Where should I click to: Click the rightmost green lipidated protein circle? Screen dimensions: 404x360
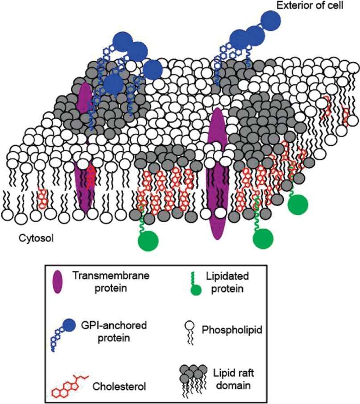(298, 204)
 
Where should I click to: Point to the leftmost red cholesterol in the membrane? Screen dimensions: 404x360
(43, 199)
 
